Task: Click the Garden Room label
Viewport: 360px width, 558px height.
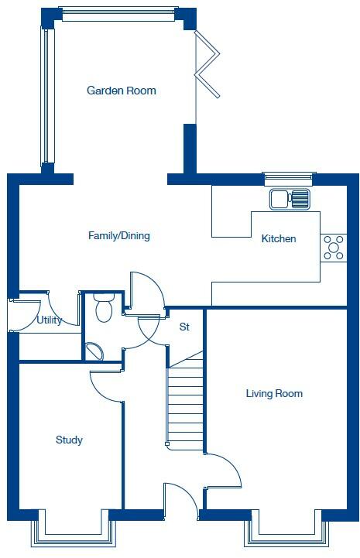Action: (121, 91)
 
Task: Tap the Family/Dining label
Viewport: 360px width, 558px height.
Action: (118, 236)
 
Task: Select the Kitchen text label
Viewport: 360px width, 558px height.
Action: (279, 238)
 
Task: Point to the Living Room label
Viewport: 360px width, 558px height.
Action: (274, 393)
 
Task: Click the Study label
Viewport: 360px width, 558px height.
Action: (69, 440)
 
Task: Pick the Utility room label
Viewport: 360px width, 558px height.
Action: (50, 319)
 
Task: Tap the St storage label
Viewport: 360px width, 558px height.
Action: (184, 327)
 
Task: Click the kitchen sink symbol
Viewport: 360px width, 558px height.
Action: (290, 199)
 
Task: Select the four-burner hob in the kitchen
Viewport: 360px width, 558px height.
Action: (334, 248)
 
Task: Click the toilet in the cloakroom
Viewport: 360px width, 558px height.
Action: (103, 309)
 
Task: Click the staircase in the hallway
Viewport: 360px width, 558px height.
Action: (186, 402)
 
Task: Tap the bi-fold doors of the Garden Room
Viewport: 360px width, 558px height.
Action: (207, 64)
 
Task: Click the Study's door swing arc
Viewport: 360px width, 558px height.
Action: (107, 385)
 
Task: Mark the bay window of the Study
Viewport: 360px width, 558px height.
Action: (74, 533)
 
